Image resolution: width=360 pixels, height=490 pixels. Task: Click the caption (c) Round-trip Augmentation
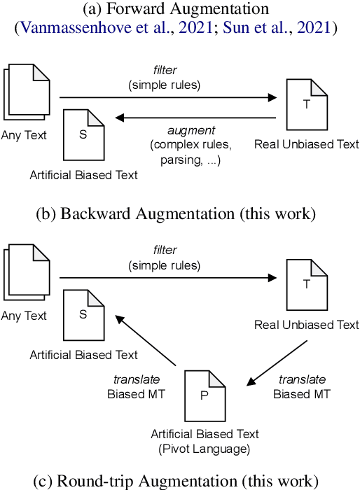click(x=179, y=480)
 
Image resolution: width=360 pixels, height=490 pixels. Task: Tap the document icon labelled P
click(x=204, y=394)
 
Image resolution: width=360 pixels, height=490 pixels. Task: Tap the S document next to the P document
click(x=83, y=314)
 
